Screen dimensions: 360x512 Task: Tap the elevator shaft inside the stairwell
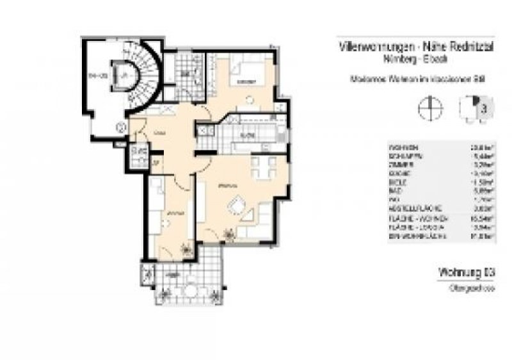click(x=121, y=75)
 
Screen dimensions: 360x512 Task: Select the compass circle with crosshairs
click(x=428, y=108)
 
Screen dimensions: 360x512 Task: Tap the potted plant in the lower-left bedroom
click(x=188, y=246)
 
